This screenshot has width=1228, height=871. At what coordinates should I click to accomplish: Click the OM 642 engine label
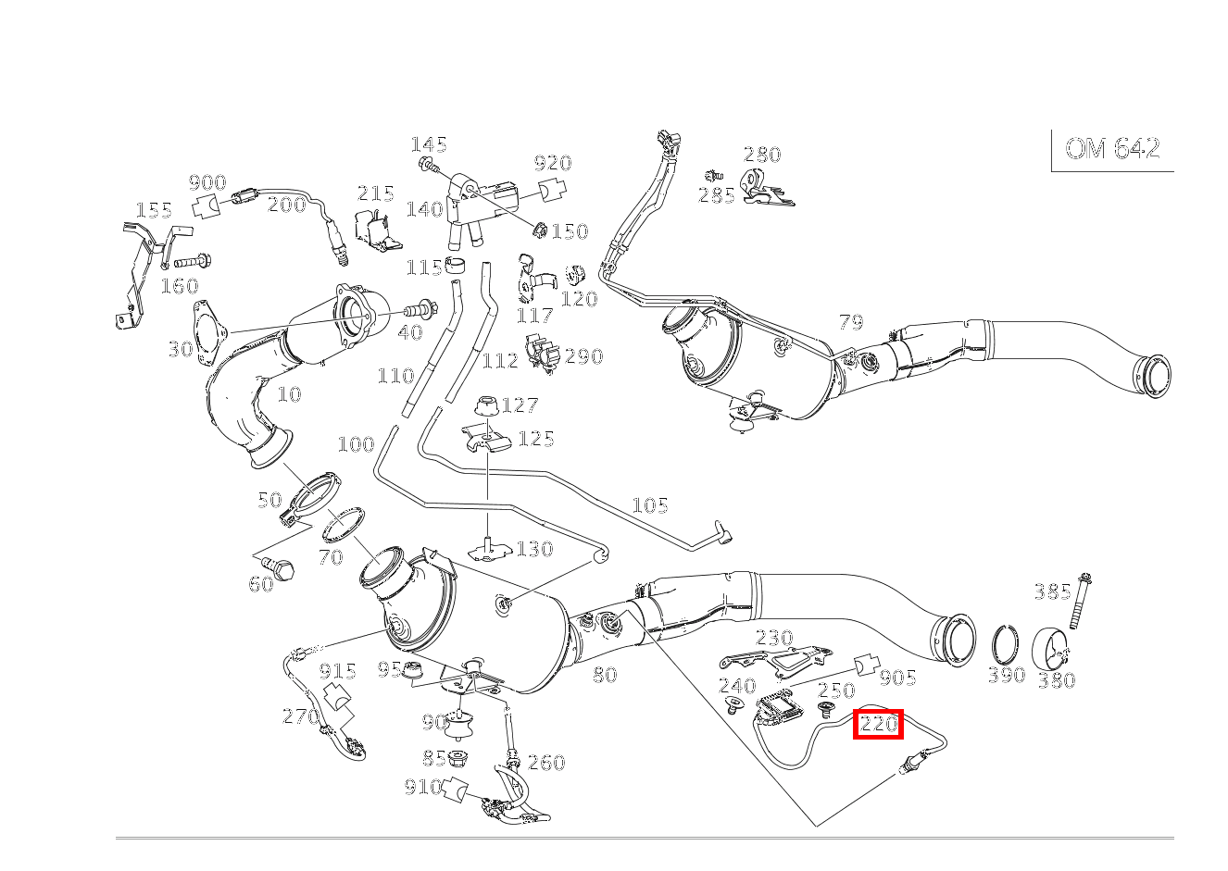tap(1112, 148)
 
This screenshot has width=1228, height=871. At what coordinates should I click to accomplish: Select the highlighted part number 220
tap(878, 724)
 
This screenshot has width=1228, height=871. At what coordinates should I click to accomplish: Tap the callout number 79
tap(851, 322)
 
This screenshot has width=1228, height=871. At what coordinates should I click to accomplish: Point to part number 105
tap(650, 505)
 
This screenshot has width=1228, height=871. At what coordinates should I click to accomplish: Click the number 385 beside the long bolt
tap(1052, 591)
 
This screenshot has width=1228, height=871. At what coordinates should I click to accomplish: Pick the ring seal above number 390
tap(1006, 647)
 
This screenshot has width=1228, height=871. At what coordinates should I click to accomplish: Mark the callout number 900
tap(207, 182)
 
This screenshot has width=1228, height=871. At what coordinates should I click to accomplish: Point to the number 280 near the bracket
tap(762, 155)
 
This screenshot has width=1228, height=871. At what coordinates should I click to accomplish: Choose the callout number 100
tap(356, 443)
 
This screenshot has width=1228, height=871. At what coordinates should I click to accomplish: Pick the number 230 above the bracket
tap(774, 638)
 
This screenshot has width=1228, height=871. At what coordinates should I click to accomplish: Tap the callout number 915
tap(338, 671)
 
